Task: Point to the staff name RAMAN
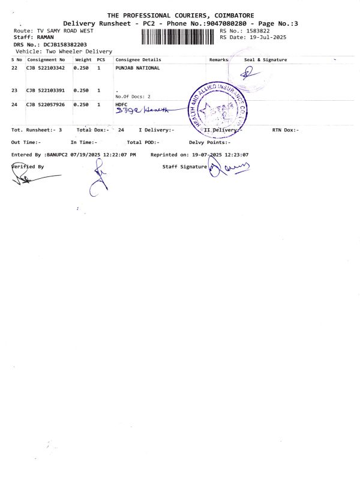[x=46, y=37]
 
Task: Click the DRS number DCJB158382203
[x=65, y=44]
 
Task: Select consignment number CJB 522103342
[x=46, y=68]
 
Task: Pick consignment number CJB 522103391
[x=46, y=91]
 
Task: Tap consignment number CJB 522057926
[x=46, y=104]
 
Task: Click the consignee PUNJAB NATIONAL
[x=137, y=68]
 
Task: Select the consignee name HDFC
[x=121, y=104]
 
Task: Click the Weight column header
[x=83, y=60]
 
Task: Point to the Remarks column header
[x=219, y=60]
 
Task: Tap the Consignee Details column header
[x=138, y=60]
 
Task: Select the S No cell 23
[x=14, y=91]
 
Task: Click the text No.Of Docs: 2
[x=133, y=97]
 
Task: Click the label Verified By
[x=28, y=166]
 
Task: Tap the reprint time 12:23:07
[x=236, y=155]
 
